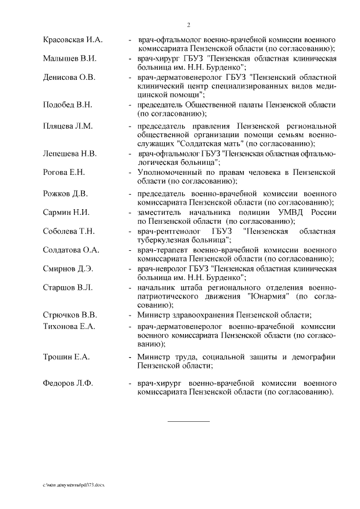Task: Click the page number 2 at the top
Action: pyautogui.click(x=188, y=25)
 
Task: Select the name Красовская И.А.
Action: pyautogui.click(x=72, y=40)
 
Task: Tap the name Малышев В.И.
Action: pyautogui.click(x=70, y=58)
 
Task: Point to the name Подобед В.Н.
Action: pyautogui.click(x=67, y=105)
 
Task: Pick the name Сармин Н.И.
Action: pyautogui.click(x=66, y=212)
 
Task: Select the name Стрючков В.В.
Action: pyautogui.click(x=70, y=314)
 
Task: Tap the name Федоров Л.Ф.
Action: pyautogui.click(x=68, y=383)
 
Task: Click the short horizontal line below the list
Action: pyautogui.click(x=188, y=421)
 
